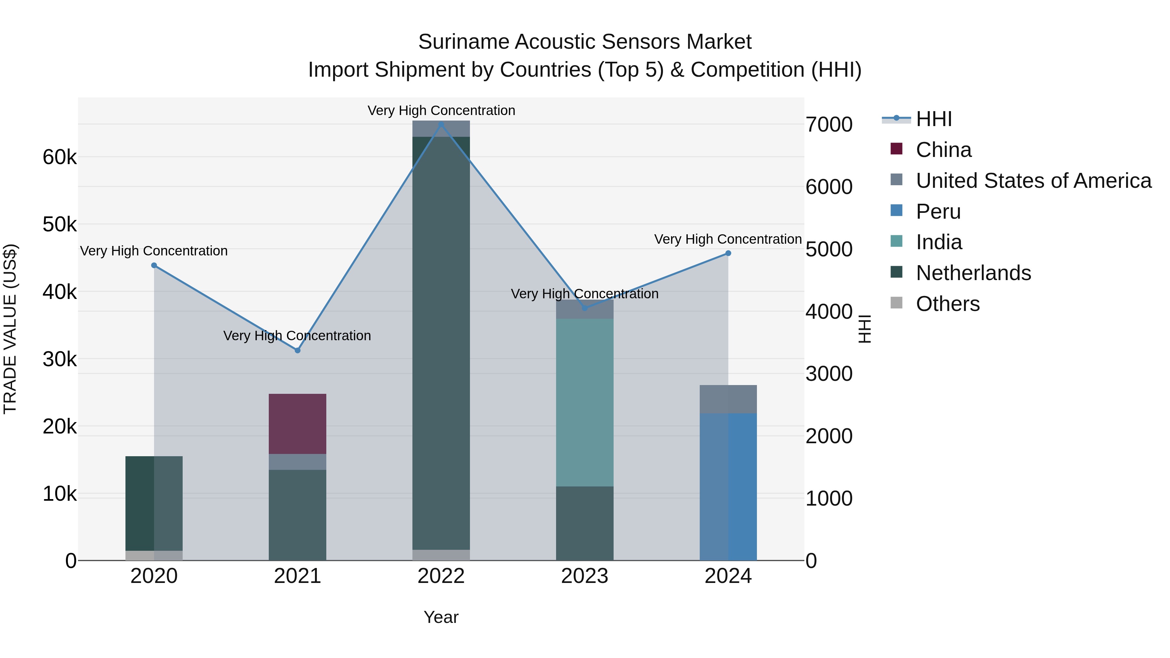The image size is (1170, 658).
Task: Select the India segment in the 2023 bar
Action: click(x=585, y=402)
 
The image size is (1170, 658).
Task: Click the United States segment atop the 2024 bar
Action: click(x=728, y=399)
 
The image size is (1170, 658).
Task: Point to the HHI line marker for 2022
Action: click(x=441, y=124)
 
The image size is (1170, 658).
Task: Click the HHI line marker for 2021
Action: click(x=297, y=350)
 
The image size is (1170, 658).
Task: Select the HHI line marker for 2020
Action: click(x=154, y=265)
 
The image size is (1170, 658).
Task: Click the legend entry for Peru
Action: click(x=938, y=212)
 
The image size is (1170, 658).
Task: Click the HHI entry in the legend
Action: click(x=933, y=119)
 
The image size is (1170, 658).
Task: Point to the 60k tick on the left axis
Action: click(x=59, y=158)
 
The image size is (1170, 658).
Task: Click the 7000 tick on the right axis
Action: click(x=829, y=124)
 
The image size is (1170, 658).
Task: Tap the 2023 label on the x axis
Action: click(x=585, y=576)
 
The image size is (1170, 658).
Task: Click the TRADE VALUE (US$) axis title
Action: click(x=10, y=329)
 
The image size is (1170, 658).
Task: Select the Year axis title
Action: click(x=441, y=617)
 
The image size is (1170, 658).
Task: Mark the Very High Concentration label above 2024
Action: click(x=728, y=239)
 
